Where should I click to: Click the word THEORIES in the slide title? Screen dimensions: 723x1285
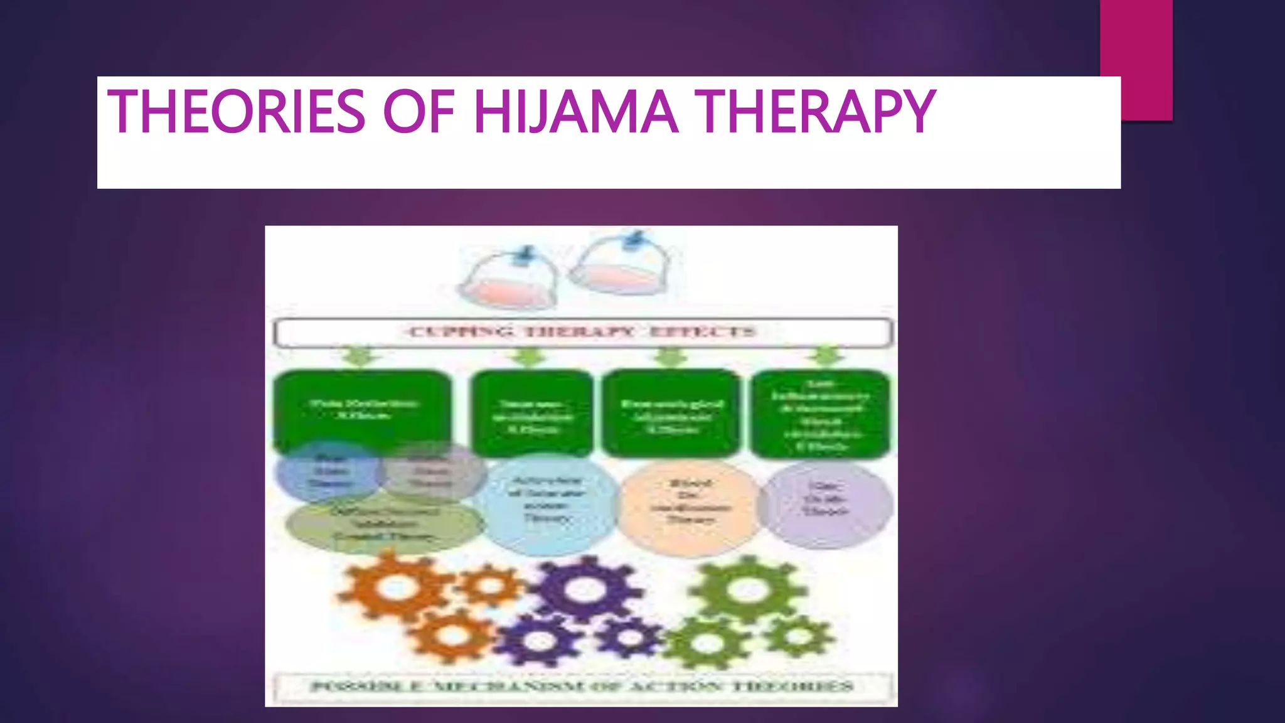coord(237,112)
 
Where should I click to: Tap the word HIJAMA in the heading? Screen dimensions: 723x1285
coord(575,112)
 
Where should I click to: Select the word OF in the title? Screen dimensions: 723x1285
coord(419,112)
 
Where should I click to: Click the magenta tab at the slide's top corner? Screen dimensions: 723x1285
coord(1136,38)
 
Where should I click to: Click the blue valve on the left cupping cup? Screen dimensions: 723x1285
coord(526,255)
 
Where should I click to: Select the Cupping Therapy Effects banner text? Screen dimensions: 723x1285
coord(582,332)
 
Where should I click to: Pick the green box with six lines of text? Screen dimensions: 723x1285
coord(821,414)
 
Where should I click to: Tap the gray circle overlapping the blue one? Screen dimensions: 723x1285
coord(433,472)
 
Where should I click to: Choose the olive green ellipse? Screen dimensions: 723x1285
coord(384,525)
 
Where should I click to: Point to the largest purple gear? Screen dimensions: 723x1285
coord(584,590)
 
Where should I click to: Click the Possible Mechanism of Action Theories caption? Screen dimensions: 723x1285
coord(582,687)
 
